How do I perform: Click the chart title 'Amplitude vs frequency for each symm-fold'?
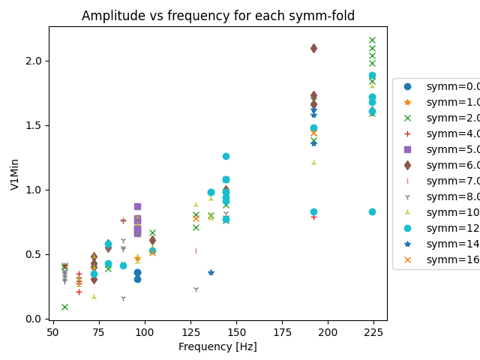[x=218, y=16]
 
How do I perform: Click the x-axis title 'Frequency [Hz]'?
[x=218, y=346]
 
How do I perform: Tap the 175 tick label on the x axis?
[x=282, y=331]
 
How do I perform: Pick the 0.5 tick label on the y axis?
[x=34, y=254]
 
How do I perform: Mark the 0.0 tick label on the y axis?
[x=34, y=319]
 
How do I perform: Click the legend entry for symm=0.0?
[x=442, y=86]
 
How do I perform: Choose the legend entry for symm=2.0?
[x=442, y=118]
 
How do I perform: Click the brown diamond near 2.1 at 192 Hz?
[x=313, y=48]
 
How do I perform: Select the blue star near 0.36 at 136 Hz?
[x=211, y=272]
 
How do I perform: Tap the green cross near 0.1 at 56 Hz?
[x=64, y=307]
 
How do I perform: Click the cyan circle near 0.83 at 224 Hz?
[x=372, y=211]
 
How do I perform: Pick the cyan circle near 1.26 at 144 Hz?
[x=226, y=156]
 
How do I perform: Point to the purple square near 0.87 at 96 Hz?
[x=137, y=206]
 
